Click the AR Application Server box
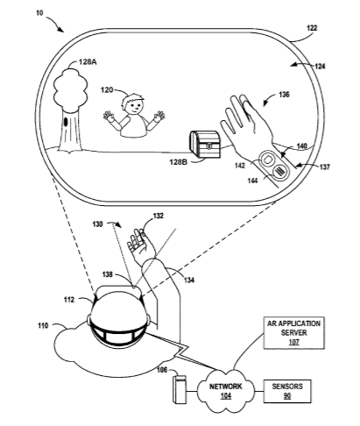(293, 333)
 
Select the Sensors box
(287, 391)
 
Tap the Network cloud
(226, 390)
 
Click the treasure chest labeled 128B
(205, 144)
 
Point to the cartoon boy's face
(134, 106)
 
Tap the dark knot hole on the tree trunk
(66, 122)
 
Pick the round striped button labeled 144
(279, 171)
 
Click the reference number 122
(312, 28)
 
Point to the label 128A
(88, 62)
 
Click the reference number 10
(39, 13)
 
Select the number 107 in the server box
(293, 342)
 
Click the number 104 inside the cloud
(226, 396)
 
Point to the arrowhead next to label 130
(118, 224)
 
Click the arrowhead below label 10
(60, 29)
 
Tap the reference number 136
(284, 95)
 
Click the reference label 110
(43, 325)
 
